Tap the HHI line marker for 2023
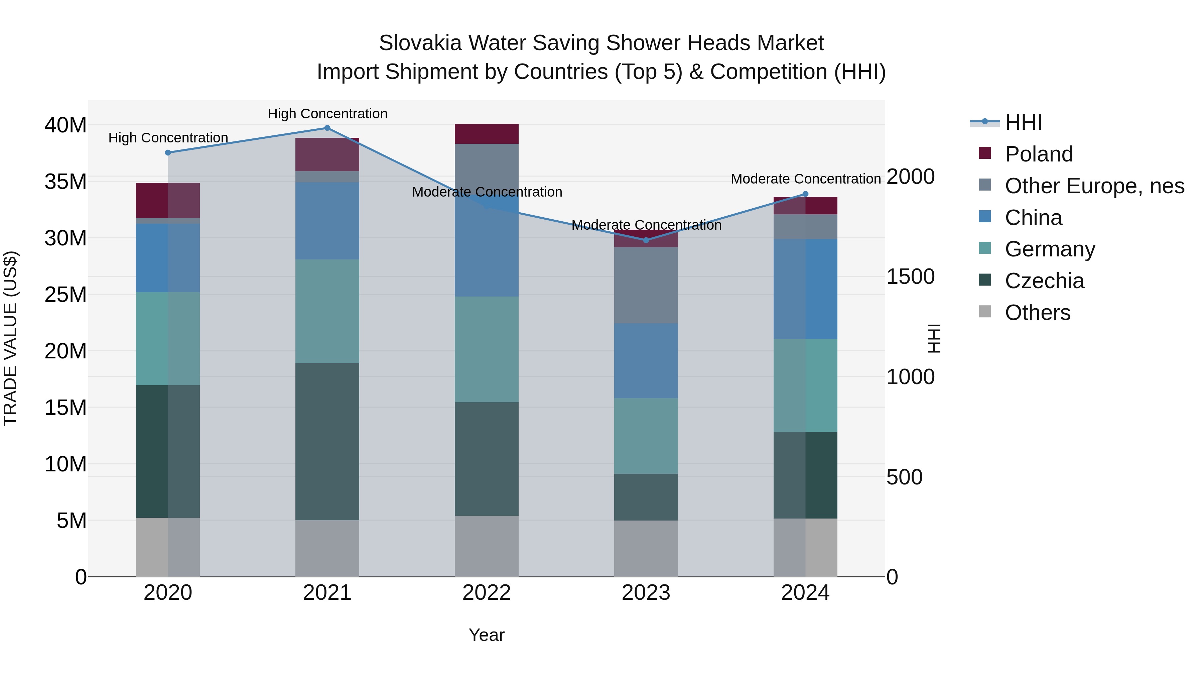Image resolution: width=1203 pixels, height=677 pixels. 646,240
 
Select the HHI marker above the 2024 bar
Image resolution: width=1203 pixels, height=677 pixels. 805,194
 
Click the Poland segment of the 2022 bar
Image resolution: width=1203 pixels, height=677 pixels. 487,134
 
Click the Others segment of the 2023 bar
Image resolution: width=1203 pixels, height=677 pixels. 646,549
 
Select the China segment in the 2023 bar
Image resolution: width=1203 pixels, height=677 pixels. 646,361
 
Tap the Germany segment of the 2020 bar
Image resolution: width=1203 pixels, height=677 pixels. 168,339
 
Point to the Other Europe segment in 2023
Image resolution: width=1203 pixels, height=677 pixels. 646,285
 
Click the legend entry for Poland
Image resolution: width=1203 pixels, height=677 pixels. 1039,154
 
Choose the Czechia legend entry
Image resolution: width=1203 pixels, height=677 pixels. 1044,281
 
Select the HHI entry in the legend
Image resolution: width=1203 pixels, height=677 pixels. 1023,122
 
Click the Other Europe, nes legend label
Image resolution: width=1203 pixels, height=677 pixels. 1094,186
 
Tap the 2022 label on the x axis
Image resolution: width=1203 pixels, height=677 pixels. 487,593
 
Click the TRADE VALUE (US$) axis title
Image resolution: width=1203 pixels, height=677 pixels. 10,338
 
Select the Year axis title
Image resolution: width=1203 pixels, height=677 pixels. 487,635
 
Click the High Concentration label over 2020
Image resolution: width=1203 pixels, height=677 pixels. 168,138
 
